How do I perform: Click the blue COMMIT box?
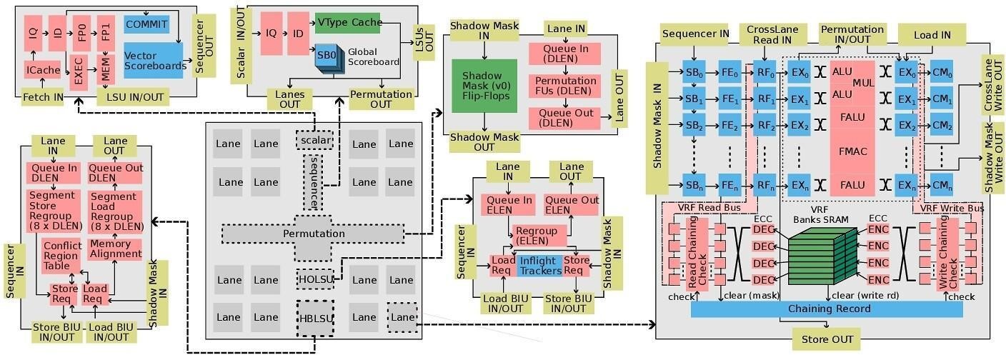point(146,24)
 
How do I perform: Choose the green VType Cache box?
point(347,22)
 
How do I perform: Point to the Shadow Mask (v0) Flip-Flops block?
point(484,86)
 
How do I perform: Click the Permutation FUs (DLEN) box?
point(564,86)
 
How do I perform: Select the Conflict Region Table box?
point(62,256)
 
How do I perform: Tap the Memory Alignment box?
point(115,249)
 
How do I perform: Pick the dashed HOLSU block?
point(316,278)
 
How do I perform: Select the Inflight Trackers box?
point(540,266)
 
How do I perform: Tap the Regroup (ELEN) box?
point(539,236)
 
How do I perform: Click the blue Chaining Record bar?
point(827,309)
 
